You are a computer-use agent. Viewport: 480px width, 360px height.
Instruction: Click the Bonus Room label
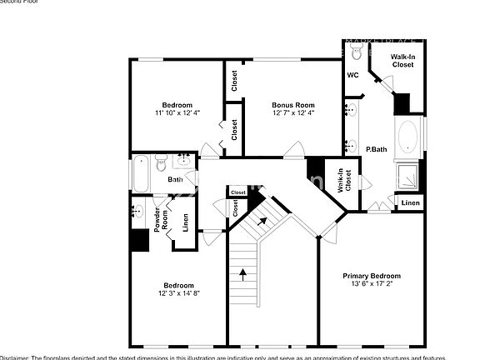292,105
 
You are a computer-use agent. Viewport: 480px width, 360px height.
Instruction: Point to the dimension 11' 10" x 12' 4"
177,112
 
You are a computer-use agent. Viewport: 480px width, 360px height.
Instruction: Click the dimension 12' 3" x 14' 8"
178,292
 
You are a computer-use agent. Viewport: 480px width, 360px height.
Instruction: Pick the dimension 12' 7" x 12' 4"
292,112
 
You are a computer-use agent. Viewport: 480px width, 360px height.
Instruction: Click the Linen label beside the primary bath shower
410,202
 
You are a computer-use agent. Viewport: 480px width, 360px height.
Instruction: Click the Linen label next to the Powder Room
185,222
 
